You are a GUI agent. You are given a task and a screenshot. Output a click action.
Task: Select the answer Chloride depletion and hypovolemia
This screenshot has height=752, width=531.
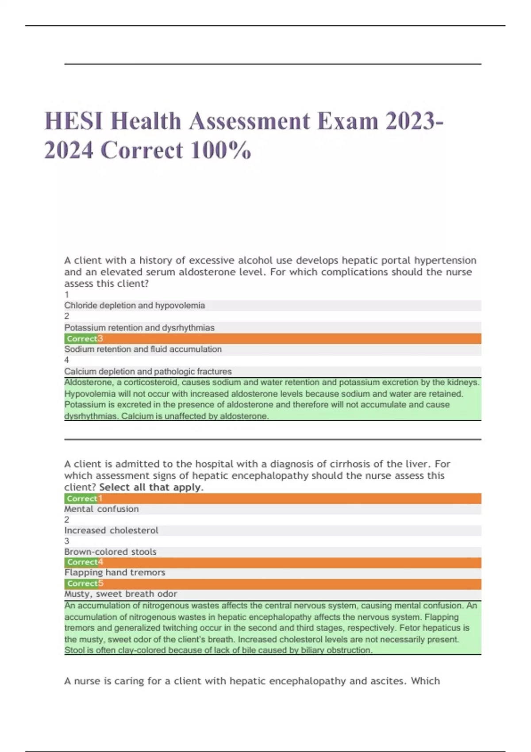point(135,306)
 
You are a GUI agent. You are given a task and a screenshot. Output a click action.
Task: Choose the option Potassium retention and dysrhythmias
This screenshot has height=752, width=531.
point(139,328)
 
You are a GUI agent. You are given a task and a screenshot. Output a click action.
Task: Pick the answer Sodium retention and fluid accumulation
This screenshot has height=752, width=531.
point(143,349)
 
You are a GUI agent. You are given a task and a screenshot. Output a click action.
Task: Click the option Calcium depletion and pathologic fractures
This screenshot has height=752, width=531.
point(148,372)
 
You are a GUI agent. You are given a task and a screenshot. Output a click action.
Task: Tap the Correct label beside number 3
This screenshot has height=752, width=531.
point(82,339)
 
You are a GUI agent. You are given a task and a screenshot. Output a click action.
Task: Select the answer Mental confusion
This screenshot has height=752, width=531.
point(101,509)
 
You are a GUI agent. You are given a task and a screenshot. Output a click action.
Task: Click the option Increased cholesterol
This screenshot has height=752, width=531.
point(111,530)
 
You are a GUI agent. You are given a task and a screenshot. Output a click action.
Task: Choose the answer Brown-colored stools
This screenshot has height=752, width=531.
point(110,552)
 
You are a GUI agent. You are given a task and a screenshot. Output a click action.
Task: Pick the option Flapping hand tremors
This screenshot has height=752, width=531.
point(115,572)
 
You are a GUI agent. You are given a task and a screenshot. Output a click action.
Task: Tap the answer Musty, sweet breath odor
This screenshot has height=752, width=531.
point(120,594)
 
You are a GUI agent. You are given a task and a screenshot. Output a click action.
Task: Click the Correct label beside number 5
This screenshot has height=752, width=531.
point(82,583)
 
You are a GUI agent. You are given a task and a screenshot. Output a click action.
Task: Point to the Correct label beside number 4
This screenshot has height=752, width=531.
point(82,562)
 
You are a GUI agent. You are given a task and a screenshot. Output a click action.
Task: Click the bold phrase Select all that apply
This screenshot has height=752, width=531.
point(151,487)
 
